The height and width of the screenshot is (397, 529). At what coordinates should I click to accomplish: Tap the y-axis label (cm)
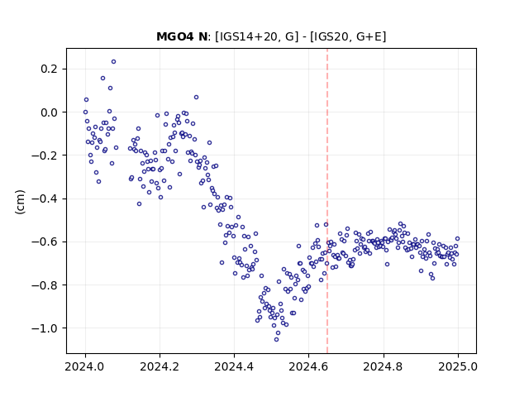(x=20, y=202)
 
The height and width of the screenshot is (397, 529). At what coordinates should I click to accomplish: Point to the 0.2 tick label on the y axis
(x=50, y=69)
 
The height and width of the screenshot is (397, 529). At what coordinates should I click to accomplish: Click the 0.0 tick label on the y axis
(x=50, y=112)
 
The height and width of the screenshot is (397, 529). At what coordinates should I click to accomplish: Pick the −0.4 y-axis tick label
(x=45, y=198)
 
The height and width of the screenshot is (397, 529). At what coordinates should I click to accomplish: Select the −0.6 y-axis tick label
(x=45, y=242)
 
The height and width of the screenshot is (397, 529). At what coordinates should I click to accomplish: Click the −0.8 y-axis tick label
(x=45, y=285)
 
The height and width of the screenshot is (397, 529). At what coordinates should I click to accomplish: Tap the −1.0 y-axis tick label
(x=45, y=328)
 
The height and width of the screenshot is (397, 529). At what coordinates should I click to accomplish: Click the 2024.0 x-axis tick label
(x=85, y=366)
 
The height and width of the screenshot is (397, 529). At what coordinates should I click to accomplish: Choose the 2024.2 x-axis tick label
(x=160, y=366)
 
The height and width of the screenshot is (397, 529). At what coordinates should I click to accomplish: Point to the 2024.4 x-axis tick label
(x=234, y=366)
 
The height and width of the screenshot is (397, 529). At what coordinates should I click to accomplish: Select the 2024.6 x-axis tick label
(x=308, y=366)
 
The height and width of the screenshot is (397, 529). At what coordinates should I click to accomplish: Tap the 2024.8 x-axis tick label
(x=384, y=366)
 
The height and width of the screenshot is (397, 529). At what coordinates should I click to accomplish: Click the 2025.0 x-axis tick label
(x=458, y=366)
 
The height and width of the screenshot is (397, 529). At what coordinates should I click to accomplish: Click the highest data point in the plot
(x=114, y=62)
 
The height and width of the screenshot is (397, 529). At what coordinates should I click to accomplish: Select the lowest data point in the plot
(x=276, y=340)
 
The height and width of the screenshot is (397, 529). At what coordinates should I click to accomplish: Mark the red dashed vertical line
(x=327, y=201)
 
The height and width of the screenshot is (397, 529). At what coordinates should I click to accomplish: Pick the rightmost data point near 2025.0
(x=457, y=239)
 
